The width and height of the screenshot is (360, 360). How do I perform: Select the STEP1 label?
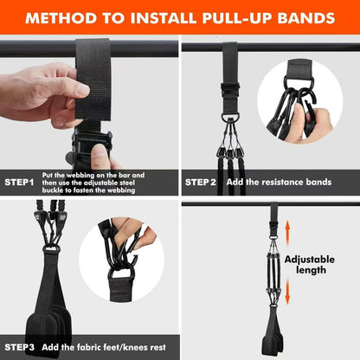click(20, 183)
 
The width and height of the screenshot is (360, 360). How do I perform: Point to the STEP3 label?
click(19, 347)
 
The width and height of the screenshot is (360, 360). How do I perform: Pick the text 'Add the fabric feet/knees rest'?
click(108, 347)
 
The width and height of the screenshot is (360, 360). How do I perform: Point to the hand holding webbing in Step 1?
click(43, 91)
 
